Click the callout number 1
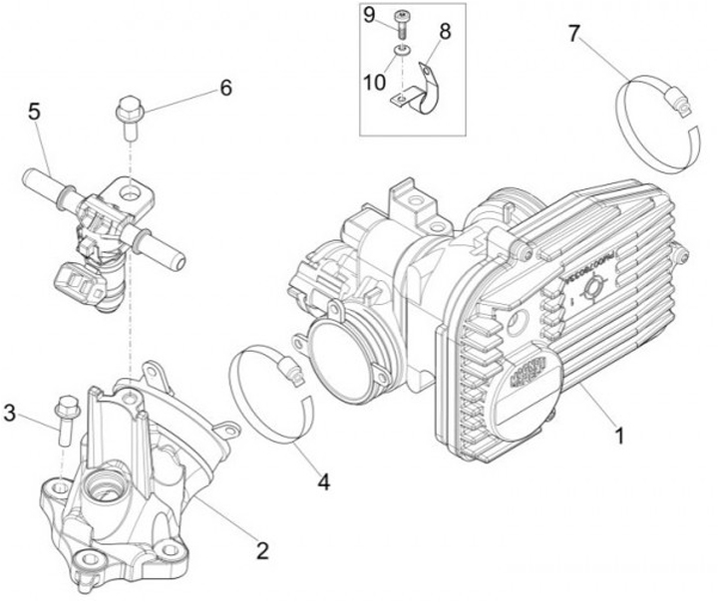[619, 436]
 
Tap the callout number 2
[263, 549]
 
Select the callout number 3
[10, 413]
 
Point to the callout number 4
[322, 481]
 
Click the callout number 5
[35, 112]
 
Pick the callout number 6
[226, 88]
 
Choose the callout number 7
[573, 33]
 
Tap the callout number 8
[445, 31]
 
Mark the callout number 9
[369, 14]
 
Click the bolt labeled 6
[129, 116]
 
